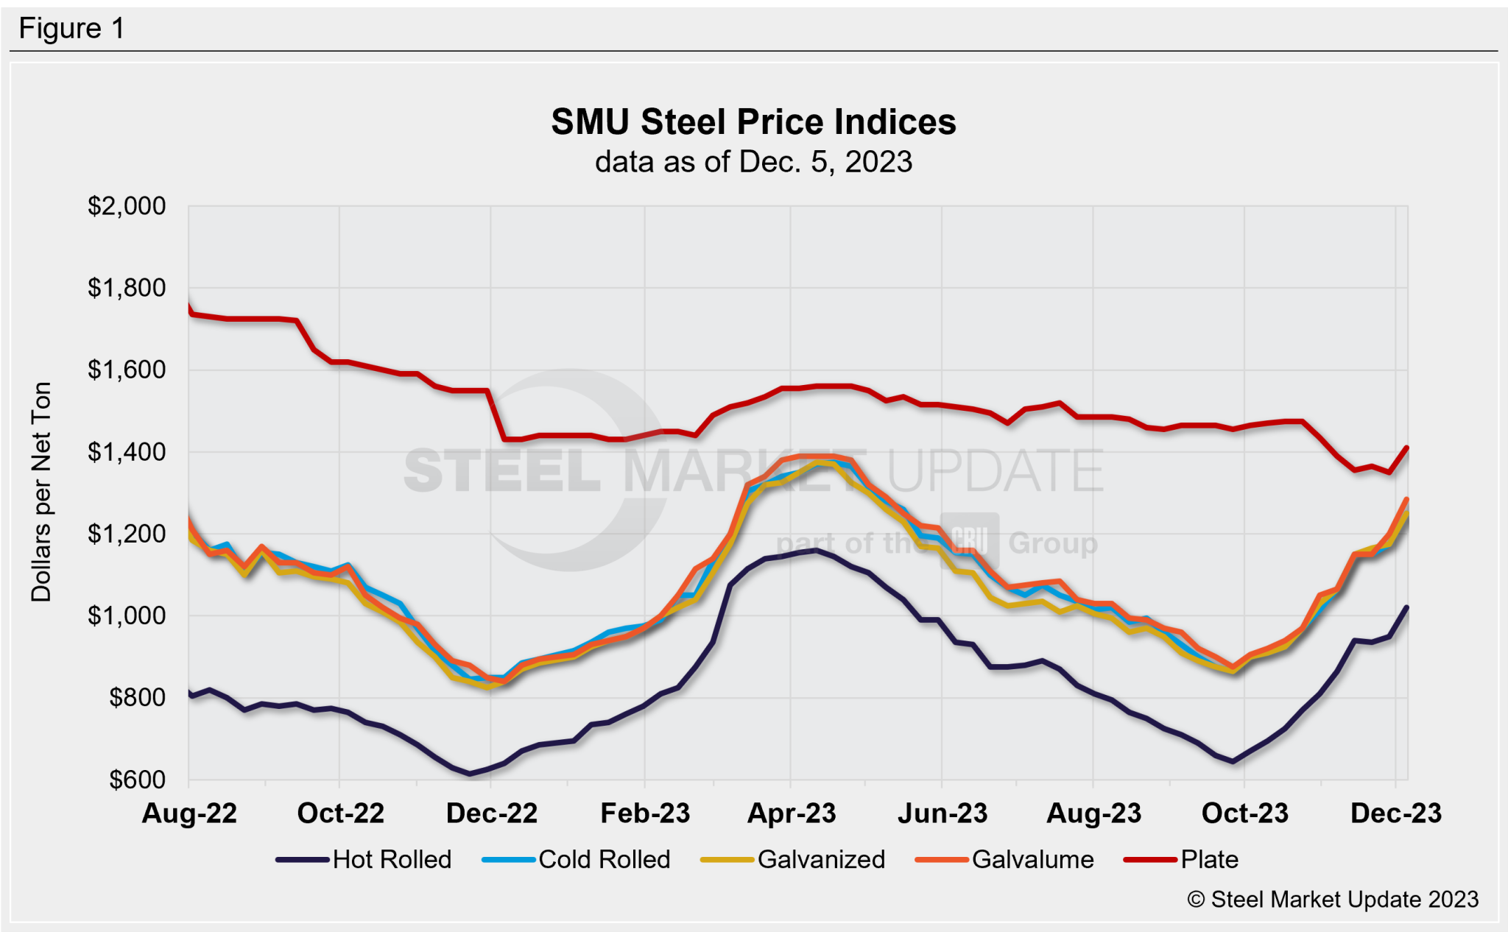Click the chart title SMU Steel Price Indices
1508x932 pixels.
(753, 122)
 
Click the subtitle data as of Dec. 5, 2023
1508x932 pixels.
(753, 162)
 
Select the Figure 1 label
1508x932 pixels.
(71, 29)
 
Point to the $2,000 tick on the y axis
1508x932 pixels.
(127, 206)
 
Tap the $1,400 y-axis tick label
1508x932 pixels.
(127, 452)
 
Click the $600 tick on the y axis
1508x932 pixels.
(137, 780)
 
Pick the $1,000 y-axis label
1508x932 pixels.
(127, 615)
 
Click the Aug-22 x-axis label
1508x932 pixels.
(189, 813)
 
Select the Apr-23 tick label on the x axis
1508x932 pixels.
(792, 813)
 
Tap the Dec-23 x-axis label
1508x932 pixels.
(1395, 813)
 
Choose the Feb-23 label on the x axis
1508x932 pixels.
(645, 813)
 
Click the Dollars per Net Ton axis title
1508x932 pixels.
(41, 492)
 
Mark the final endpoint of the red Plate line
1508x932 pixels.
(1407, 447)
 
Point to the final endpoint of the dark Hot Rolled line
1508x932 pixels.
(1407, 607)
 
